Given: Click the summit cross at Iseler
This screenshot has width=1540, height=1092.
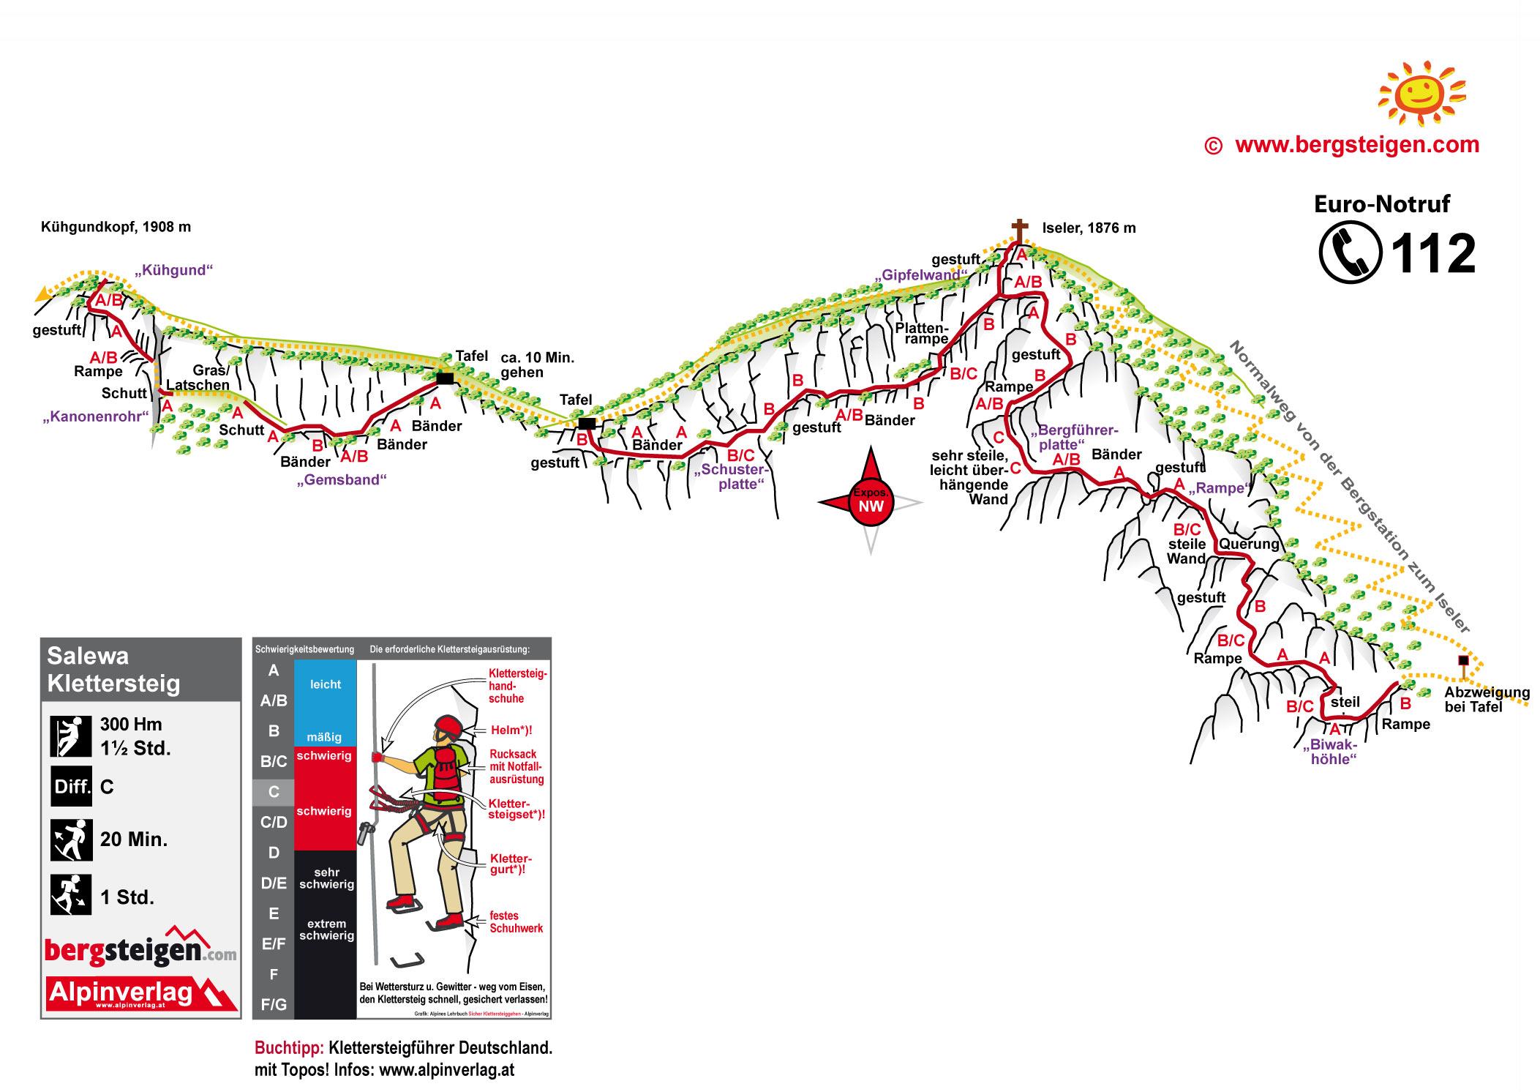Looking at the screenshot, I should coord(1019,230).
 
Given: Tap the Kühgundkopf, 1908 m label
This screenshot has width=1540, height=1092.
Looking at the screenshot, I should coord(116,227).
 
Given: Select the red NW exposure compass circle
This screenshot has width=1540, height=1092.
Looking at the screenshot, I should coord(871,501).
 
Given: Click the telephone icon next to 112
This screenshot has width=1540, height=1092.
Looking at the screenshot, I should coord(1350,253).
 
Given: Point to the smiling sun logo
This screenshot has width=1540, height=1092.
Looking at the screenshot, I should coord(1421,94).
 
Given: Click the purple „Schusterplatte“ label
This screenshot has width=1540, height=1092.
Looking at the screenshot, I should coord(731,476).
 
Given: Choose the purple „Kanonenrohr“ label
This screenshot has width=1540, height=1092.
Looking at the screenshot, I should coord(96,416).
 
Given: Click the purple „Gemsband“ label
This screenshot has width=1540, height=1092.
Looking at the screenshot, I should coord(342,479).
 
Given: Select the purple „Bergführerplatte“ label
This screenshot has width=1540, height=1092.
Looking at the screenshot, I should coord(1074,437).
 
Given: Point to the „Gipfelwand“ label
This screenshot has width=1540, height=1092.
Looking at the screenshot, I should coord(920,275).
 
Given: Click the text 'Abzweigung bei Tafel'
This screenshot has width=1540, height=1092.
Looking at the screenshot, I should coord(1487,699).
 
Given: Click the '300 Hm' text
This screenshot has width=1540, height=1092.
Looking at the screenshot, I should coord(131,724).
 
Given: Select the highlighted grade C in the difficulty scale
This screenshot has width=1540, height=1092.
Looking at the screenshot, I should coord(274,791).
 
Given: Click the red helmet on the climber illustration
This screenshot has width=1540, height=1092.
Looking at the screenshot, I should coord(448,727).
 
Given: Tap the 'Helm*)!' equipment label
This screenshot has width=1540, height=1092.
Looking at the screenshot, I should coord(511,730).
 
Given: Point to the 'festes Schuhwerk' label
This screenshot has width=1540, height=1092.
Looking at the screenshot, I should coord(516,921).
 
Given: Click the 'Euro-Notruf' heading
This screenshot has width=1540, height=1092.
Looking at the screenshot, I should coord(1381,203).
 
